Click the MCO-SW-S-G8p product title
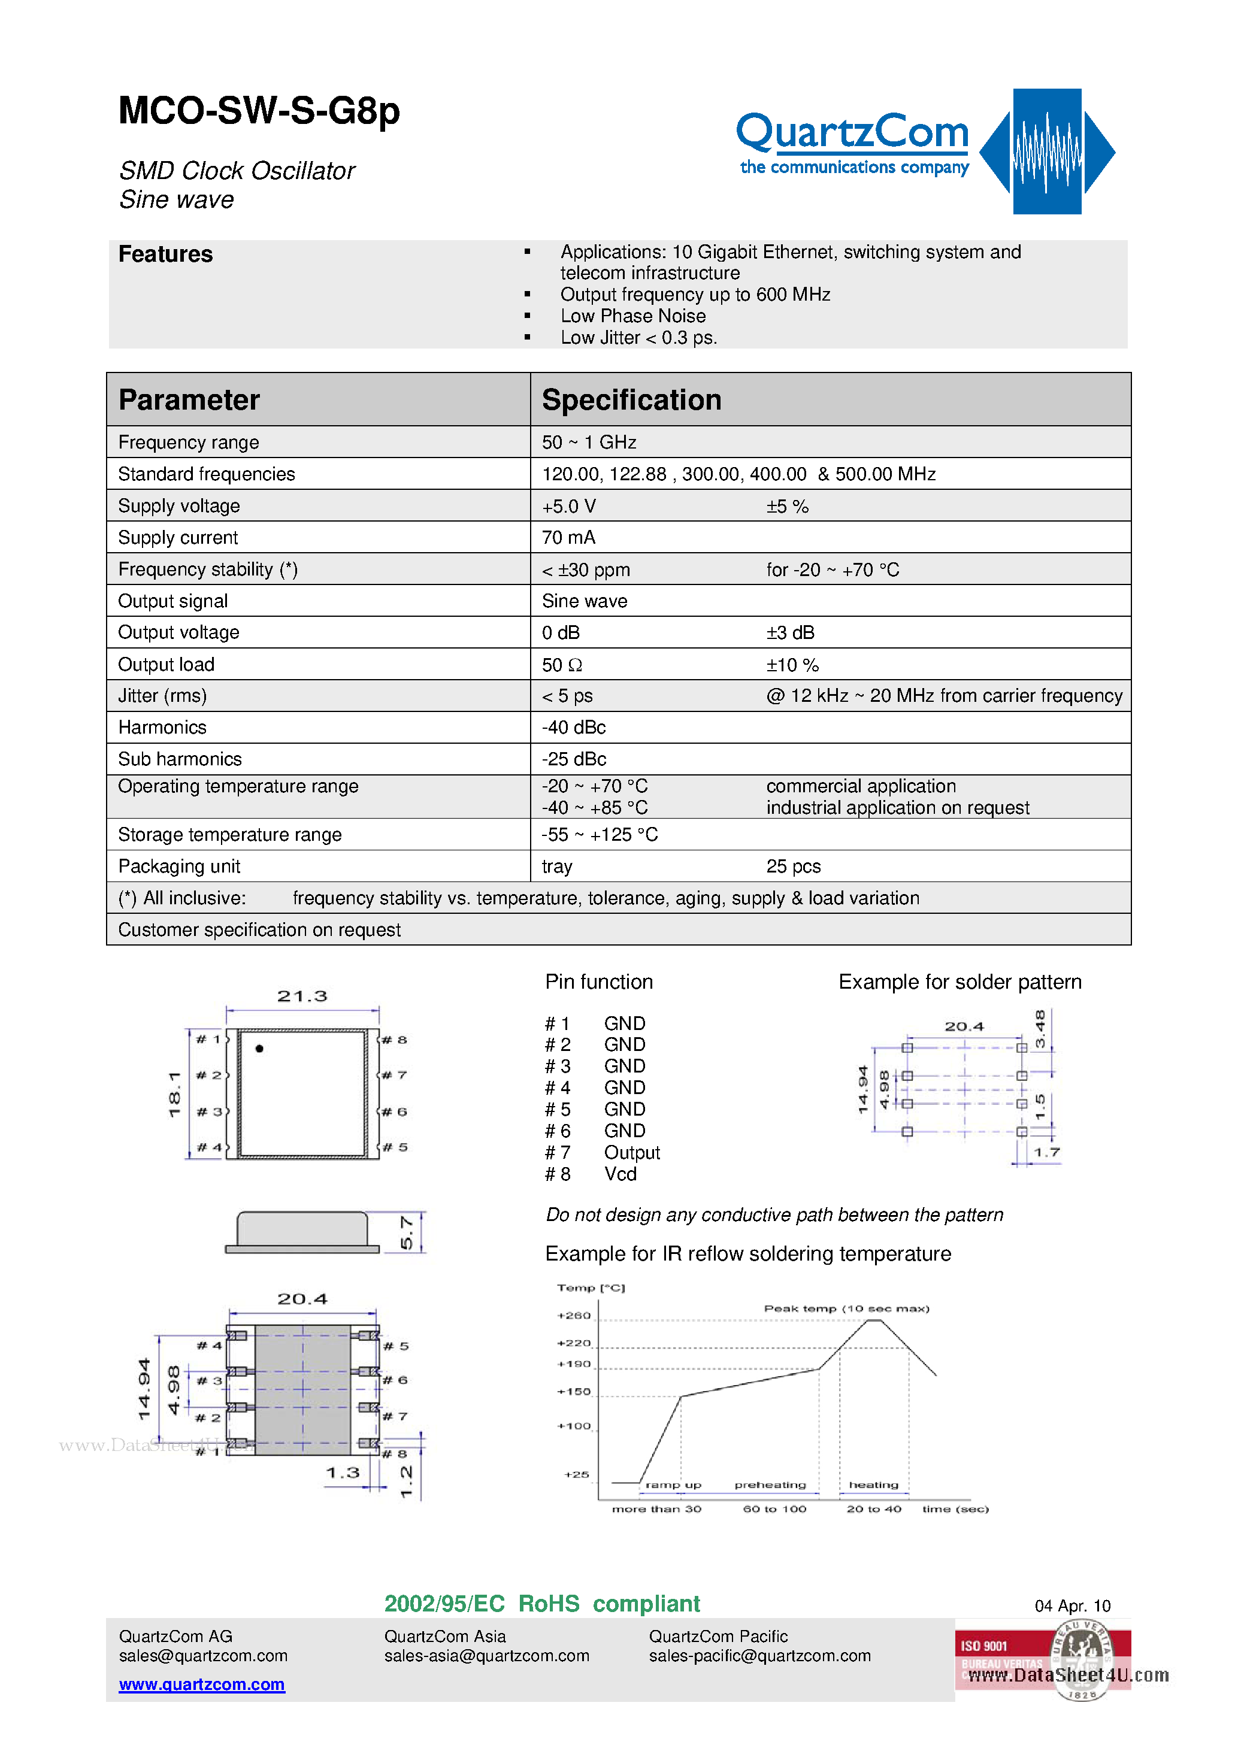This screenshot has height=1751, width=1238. pyautogui.click(x=259, y=111)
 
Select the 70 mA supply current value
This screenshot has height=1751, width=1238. pyautogui.click(x=568, y=538)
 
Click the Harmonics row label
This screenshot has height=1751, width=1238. pyautogui.click(x=162, y=728)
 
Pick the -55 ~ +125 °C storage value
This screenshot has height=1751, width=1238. pyautogui.click(x=600, y=835)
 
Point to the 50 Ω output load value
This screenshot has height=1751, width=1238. pyautogui.click(x=562, y=665)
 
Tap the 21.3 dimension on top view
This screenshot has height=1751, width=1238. pyautogui.click(x=302, y=996)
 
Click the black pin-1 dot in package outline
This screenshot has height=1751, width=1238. pyautogui.click(x=259, y=1049)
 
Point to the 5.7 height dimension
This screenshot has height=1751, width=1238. pyautogui.click(x=407, y=1232)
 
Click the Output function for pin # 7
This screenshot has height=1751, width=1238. pyautogui.click(x=632, y=1153)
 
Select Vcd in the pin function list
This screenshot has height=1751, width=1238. pyautogui.click(x=620, y=1174)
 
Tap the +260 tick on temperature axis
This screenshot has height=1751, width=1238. pyautogui.click(x=574, y=1316)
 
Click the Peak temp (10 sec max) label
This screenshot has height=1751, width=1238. pyautogui.click(x=846, y=1308)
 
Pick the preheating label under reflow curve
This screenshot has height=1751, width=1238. pyautogui.click(x=770, y=1485)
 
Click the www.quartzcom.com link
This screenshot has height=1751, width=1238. pyautogui.click(x=201, y=1684)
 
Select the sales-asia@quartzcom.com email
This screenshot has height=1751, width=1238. pyautogui.click(x=487, y=1656)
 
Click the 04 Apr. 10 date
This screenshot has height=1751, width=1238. pyautogui.click(x=1071, y=1606)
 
